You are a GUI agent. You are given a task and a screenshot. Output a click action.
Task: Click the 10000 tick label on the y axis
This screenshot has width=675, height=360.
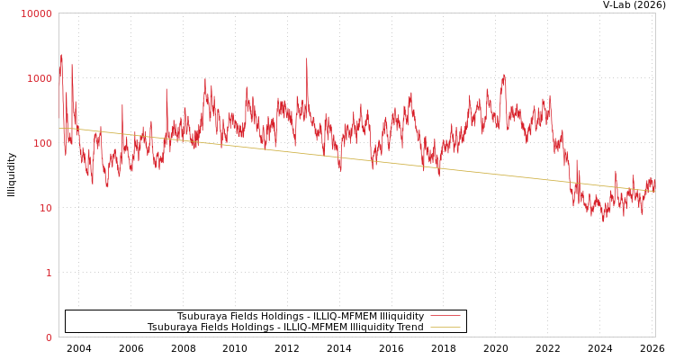(37, 13)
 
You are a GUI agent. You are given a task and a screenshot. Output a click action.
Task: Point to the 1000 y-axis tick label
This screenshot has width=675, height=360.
(40, 78)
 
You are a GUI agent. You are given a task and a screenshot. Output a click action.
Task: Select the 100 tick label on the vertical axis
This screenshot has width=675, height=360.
(42, 143)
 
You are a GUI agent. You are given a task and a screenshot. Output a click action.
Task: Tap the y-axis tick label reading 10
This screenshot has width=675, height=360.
(45, 208)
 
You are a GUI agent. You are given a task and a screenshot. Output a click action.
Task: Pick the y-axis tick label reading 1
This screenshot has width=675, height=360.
(49, 273)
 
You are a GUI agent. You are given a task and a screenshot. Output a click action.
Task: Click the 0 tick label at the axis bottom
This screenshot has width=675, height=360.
(49, 337)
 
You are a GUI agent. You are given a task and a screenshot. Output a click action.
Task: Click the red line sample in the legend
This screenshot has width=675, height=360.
(445, 316)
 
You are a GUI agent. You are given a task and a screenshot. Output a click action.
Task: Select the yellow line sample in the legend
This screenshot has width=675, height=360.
(445, 327)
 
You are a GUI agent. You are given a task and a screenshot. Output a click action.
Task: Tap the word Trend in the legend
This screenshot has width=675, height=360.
(409, 327)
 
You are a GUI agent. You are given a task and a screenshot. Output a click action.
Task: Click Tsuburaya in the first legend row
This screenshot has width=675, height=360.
(202, 316)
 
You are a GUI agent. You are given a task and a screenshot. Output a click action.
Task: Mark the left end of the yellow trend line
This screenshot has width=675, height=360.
(59, 128)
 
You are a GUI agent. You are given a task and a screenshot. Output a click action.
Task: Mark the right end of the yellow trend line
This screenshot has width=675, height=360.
(655, 191)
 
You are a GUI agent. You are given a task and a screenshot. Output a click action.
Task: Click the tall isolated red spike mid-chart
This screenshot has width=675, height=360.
(306, 59)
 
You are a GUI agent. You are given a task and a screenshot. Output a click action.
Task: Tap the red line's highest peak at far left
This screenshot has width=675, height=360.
(61, 55)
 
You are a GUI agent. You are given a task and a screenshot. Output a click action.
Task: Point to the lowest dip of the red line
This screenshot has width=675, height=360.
(604, 220)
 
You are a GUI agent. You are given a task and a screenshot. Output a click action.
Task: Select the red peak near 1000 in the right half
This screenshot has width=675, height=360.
(504, 75)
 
